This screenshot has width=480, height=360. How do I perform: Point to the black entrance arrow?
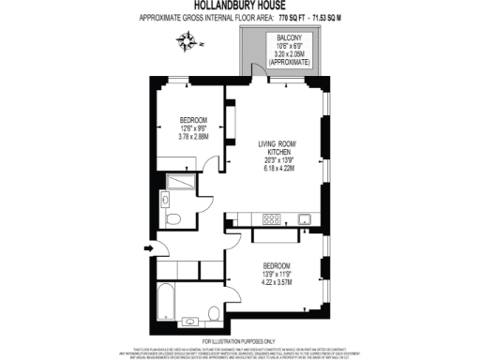[148, 248]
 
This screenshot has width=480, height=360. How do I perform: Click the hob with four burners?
[273, 218]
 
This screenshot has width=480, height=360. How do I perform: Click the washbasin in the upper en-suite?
[165, 198]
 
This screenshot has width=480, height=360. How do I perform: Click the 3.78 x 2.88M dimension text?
[193, 137]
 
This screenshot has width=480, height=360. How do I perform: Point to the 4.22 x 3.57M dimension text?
[282, 279]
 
